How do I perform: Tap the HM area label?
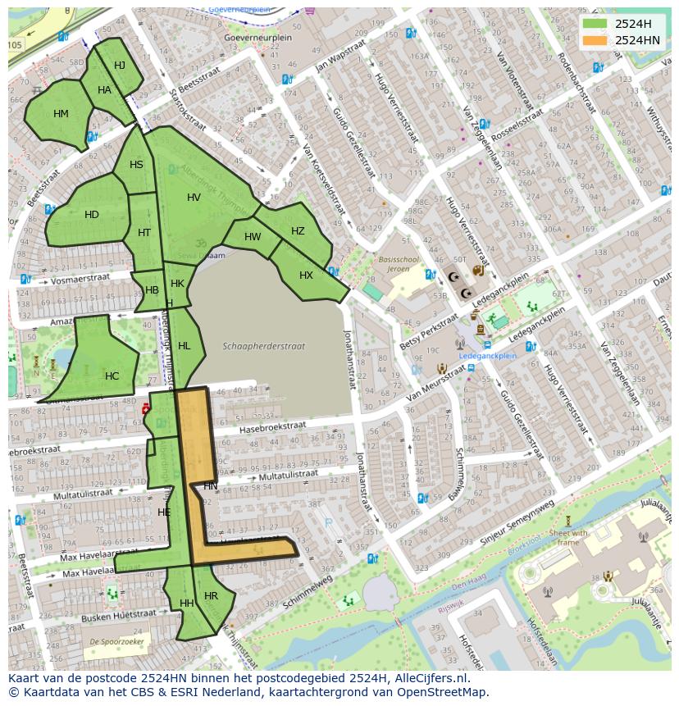point(61,114)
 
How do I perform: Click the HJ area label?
point(120,66)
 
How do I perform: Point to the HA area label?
point(104,90)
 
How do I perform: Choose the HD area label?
point(92,215)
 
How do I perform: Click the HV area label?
point(194,198)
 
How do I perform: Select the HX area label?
point(306,276)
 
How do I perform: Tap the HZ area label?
point(298,231)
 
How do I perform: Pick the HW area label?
point(253,237)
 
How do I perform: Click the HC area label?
point(112,376)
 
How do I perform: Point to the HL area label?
point(184,346)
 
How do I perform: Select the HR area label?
point(211,596)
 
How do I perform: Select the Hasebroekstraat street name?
point(272,427)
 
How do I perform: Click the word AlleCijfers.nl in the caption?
point(427,678)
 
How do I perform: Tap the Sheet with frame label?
point(568,537)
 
